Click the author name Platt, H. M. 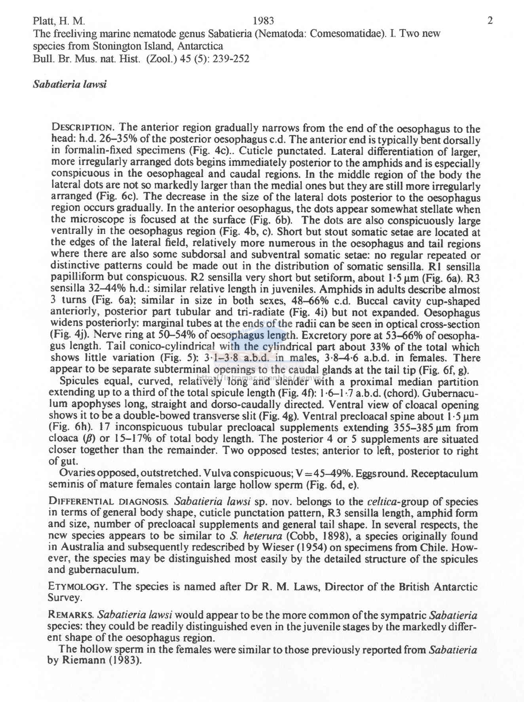(59, 21)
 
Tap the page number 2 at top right (490, 21)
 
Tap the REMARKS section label (71, 615)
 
